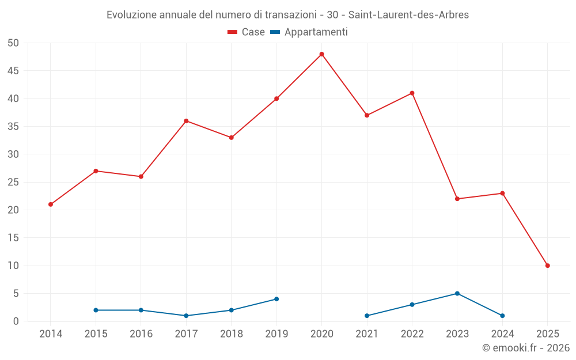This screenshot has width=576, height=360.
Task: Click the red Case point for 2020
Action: point(322,54)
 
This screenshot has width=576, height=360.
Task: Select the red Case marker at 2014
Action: point(51,204)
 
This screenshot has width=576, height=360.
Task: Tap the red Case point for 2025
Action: point(548,266)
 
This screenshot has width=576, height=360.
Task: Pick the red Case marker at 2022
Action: point(412,93)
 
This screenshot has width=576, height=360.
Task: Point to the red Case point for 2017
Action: point(186,121)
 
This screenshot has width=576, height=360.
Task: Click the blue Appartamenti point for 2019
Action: point(276,299)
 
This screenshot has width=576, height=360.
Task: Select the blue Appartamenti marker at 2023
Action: point(457,293)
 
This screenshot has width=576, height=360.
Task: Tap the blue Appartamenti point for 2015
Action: point(96,310)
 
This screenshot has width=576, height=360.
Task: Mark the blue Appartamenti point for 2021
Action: point(367,316)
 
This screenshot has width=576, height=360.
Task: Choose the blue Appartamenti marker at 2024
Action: point(502,316)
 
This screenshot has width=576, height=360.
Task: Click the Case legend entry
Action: point(246,32)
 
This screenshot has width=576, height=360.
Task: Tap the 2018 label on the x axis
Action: point(232,334)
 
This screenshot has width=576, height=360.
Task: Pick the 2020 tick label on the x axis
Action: point(322,334)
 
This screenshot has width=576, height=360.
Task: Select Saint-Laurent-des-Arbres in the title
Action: point(408,15)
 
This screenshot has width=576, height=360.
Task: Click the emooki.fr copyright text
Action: point(526,348)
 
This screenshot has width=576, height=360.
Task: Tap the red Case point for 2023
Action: point(457,199)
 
